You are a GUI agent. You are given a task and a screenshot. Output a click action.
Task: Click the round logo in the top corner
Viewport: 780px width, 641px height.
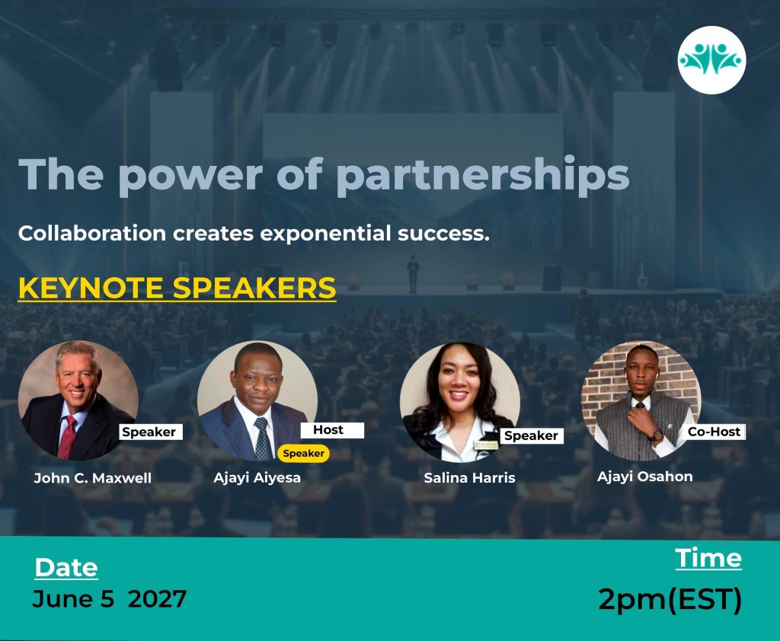[711, 60]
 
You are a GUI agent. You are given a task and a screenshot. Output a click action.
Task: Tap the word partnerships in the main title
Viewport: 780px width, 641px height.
[482, 176]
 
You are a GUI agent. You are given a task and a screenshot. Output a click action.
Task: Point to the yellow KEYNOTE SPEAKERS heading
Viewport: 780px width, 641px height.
[177, 288]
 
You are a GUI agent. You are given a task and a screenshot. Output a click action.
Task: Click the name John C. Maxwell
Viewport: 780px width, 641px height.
[92, 478]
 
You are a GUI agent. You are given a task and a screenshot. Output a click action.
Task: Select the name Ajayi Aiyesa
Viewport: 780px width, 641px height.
[257, 478]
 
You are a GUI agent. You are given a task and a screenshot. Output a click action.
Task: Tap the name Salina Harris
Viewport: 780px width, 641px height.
[469, 478]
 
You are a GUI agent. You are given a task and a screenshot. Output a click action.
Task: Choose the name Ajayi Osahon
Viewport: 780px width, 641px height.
[644, 477]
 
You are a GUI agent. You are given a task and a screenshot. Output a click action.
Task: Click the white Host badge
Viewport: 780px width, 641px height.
[332, 430]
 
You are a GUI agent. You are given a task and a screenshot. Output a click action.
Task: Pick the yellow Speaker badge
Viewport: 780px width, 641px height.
[303, 453]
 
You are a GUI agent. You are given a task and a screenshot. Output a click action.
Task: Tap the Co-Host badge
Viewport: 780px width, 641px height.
[714, 432]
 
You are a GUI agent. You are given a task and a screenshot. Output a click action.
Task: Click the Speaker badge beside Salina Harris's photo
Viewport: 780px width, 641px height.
[531, 435]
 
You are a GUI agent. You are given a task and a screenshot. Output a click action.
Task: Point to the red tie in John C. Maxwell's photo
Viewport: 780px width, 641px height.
[67, 437]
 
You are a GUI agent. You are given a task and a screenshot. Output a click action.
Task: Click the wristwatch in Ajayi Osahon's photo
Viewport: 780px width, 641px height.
[656, 435]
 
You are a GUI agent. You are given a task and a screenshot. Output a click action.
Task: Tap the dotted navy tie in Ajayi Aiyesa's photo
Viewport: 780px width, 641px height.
[263, 438]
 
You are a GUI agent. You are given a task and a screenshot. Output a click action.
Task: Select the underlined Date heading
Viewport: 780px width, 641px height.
[66, 567]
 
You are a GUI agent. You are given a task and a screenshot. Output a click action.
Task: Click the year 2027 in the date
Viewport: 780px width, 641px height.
[157, 598]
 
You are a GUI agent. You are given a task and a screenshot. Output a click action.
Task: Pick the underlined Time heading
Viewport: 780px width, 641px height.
[708, 558]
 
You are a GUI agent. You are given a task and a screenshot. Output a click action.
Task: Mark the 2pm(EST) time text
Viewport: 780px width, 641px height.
[670, 599]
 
